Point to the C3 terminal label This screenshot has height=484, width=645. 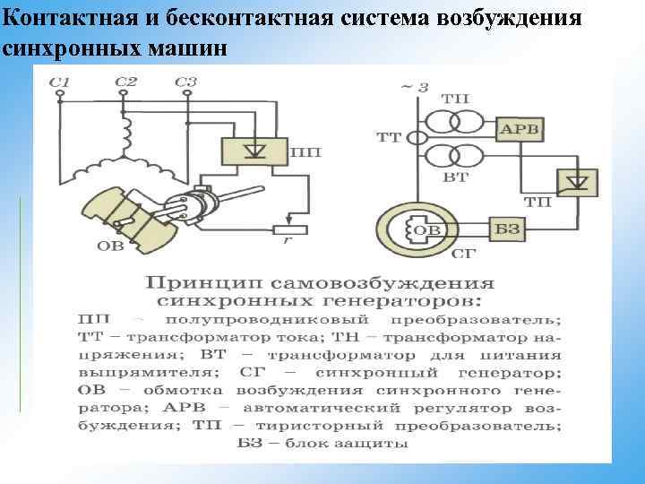click(x=185, y=83)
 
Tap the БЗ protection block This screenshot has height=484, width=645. click(x=507, y=230)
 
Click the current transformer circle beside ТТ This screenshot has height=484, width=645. click(x=417, y=137)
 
